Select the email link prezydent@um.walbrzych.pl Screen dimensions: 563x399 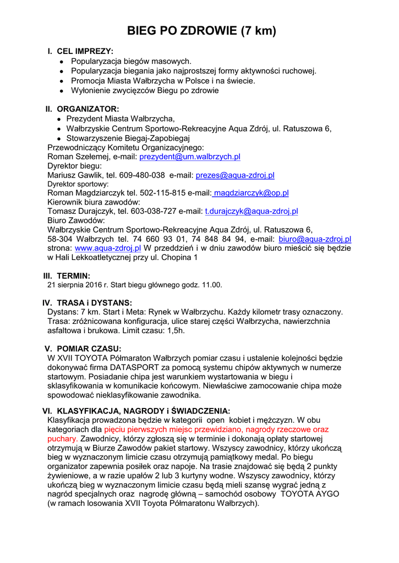click(190, 157)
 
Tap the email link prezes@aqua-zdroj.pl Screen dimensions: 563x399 click(235, 175)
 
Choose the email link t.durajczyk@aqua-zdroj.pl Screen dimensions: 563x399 click(252, 211)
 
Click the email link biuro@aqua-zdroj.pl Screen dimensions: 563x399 click(315, 239)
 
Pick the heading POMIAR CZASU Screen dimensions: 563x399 click(89, 348)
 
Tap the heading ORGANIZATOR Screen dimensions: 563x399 click(88, 109)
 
